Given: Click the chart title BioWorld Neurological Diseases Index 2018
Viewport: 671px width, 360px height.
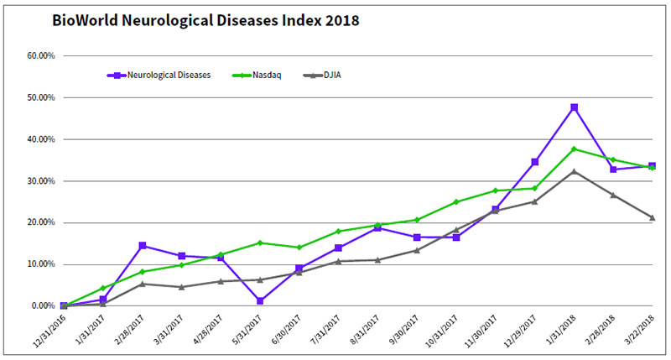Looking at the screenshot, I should click(x=206, y=19).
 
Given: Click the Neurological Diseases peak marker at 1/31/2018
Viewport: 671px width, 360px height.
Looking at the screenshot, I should click(x=574, y=107).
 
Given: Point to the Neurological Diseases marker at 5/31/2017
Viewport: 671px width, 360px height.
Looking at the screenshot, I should click(x=261, y=300).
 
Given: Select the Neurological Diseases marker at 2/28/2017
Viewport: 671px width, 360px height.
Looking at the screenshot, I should click(x=143, y=246).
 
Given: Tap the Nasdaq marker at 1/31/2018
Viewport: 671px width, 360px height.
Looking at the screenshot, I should click(x=574, y=149).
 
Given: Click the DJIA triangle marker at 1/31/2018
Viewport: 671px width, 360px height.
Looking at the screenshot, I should click(x=574, y=171).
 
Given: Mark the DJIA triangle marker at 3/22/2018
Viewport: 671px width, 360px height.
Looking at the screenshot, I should click(x=652, y=217).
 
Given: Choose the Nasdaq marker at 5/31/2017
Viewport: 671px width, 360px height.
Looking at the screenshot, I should click(x=261, y=243).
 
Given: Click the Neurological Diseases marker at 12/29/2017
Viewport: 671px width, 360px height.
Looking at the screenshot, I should click(x=535, y=162).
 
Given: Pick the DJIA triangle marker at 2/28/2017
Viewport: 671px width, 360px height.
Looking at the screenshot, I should click(x=143, y=284).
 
